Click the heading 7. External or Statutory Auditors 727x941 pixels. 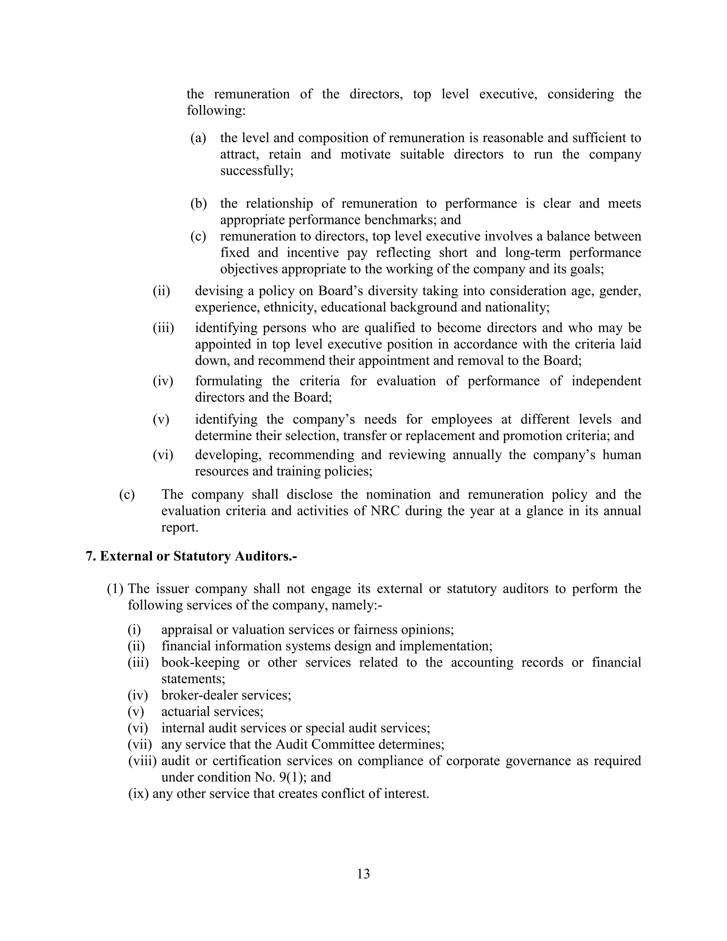coord(192,556)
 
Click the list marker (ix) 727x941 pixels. coord(138,794)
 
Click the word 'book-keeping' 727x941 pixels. coord(200,663)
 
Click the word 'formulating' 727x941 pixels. coord(228,381)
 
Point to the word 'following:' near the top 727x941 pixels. coord(216,111)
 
